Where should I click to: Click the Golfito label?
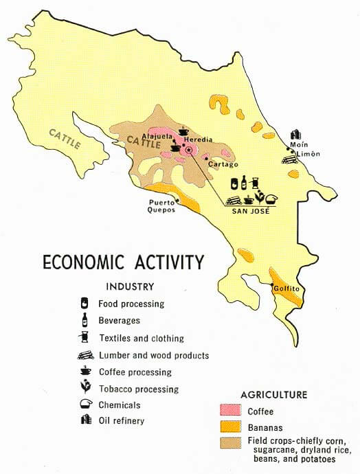(x=287, y=289)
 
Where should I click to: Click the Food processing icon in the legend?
(x=85, y=303)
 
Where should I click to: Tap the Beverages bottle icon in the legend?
(x=85, y=319)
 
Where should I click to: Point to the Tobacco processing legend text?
(x=139, y=390)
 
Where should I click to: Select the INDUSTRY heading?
(x=130, y=286)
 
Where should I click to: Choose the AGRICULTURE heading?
(x=273, y=395)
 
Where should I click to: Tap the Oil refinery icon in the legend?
(x=85, y=420)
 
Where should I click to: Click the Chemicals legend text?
(x=120, y=405)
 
